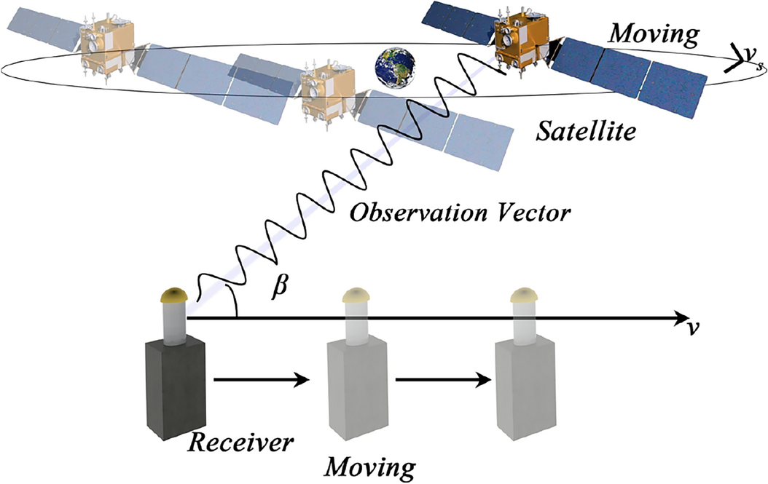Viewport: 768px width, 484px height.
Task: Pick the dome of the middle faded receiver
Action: (357, 295)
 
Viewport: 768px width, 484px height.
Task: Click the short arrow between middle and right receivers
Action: (439, 379)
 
